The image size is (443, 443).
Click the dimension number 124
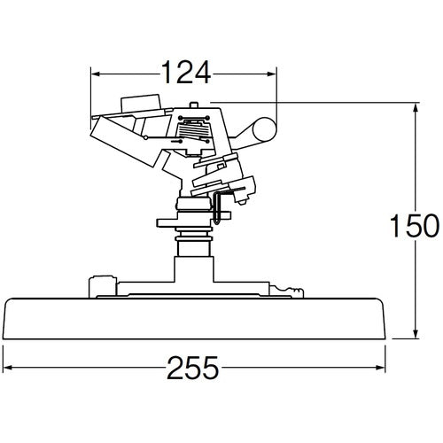coord(184,72)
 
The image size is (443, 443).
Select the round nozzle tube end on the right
coord(260,130)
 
